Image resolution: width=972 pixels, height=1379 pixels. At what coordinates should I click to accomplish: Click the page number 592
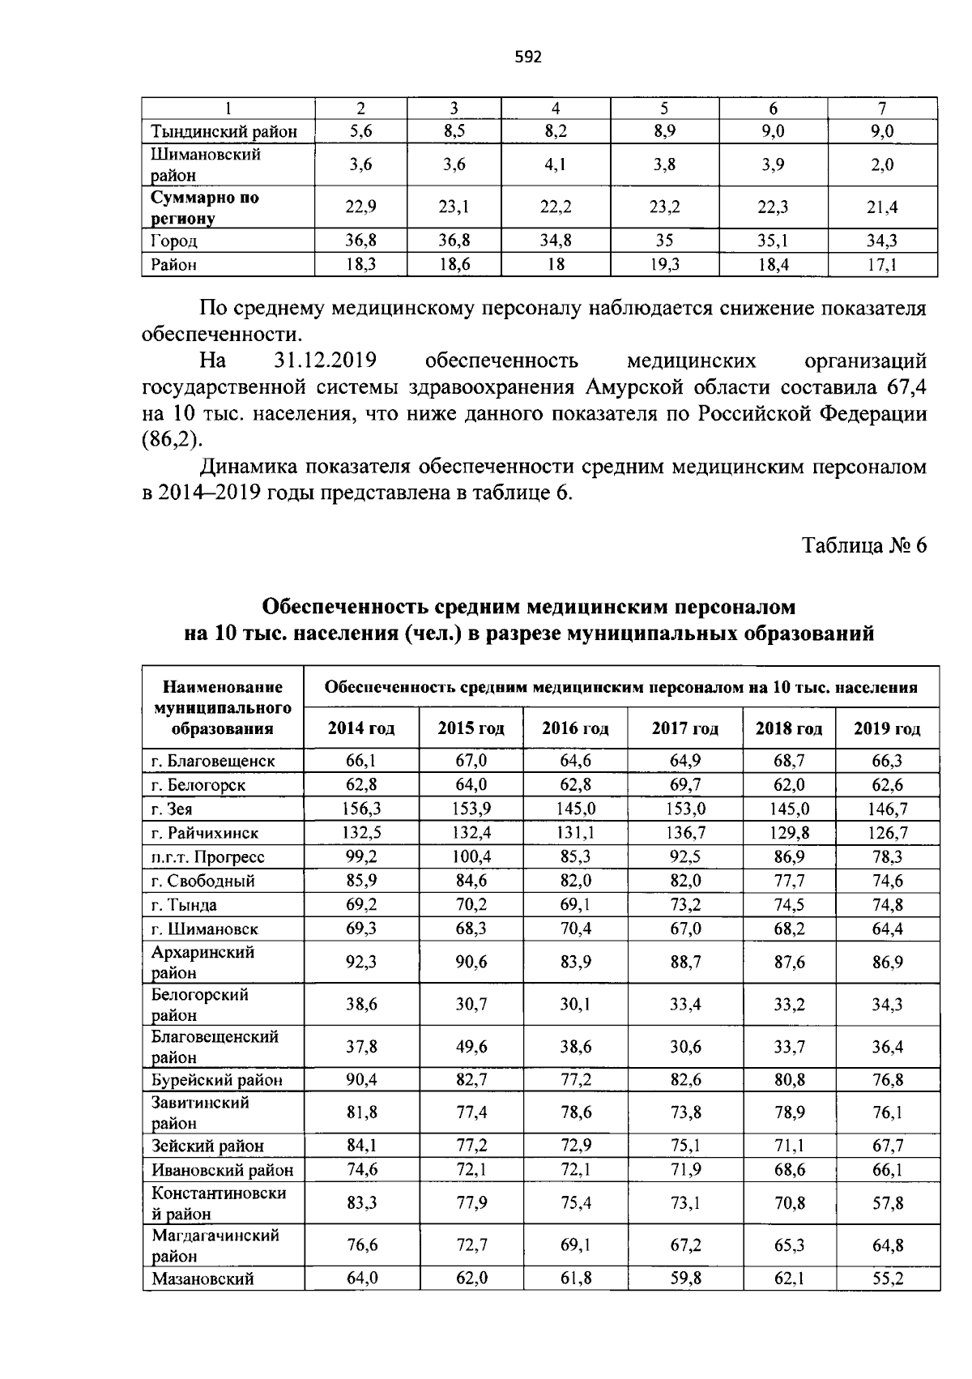528,57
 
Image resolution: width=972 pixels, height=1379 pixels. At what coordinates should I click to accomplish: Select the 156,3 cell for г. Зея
361,809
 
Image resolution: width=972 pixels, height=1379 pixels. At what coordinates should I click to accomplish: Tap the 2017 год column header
684,728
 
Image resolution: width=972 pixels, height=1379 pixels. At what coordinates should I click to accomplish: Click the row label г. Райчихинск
205,833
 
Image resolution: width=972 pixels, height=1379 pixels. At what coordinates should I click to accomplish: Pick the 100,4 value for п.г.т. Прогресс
471,856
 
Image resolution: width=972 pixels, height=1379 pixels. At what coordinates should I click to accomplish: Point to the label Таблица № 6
864,545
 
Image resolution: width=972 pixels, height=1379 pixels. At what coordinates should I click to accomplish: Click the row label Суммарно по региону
205,207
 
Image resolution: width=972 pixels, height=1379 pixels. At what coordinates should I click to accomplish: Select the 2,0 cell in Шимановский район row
882,164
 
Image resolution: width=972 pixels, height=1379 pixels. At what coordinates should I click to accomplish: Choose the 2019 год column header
887,728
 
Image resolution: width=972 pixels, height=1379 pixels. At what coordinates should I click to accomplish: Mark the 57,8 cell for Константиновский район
888,1203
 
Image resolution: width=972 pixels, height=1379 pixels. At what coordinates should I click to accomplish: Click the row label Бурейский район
217,1080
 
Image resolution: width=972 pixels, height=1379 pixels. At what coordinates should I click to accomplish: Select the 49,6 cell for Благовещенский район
471,1047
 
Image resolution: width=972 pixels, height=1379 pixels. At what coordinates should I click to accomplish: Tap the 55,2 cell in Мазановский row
888,1279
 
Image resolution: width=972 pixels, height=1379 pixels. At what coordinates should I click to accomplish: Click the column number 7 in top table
882,108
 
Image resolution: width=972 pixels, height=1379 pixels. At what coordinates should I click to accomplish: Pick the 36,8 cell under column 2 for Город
361,241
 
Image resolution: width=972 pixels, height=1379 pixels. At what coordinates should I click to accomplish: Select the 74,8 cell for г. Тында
888,904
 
